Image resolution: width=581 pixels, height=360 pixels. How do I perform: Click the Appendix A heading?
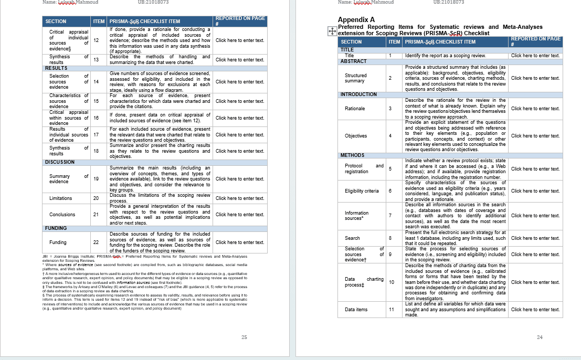[x=356, y=20]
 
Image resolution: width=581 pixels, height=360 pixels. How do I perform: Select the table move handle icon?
[x=332, y=31]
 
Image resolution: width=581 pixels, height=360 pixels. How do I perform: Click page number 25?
[x=244, y=337]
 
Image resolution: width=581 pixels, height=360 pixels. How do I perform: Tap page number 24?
[x=540, y=337]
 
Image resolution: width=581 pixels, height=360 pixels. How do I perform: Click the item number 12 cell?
[x=96, y=40]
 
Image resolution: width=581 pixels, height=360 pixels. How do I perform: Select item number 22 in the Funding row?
[x=96, y=242]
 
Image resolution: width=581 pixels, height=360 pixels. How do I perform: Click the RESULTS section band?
[x=56, y=68]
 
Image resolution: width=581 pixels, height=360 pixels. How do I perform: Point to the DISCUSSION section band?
[x=60, y=162]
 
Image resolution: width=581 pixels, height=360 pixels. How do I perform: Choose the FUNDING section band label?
[x=56, y=228]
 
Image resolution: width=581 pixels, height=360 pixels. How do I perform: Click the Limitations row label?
[x=61, y=198]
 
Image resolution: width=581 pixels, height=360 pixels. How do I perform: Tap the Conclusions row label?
[x=62, y=215]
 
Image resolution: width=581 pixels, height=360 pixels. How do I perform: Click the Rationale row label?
[x=355, y=109]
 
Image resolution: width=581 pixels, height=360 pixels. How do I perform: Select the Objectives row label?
[x=356, y=136]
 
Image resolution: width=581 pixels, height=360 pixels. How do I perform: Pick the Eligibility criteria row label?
[x=362, y=191]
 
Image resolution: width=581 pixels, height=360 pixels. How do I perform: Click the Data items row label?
[x=356, y=310]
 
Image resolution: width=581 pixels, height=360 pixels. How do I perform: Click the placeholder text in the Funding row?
[x=240, y=242]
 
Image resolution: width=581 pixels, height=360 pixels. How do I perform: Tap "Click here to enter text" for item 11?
[x=535, y=310]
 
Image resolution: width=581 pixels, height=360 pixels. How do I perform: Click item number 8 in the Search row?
[x=390, y=238]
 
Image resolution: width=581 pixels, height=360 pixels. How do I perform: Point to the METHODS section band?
[x=352, y=155]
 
